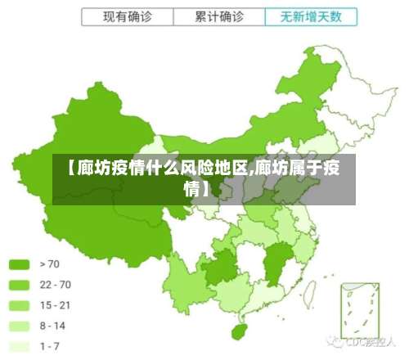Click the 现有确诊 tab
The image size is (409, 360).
128,16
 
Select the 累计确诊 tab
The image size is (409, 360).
219,16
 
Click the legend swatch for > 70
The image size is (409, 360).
19,264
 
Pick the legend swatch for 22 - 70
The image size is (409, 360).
19,285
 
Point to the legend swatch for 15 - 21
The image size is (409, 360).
19,305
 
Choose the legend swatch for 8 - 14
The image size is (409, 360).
19,326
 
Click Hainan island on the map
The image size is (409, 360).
239,332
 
